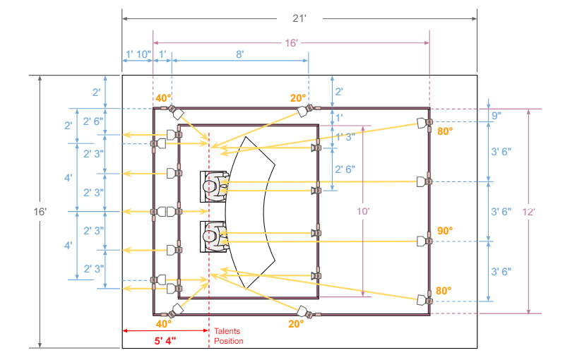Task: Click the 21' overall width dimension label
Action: click(x=299, y=18)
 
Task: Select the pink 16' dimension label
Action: click(x=291, y=43)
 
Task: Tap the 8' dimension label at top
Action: click(x=240, y=54)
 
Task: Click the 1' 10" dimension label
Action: click(x=138, y=54)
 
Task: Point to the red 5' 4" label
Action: click(x=165, y=340)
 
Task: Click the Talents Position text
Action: click(x=228, y=336)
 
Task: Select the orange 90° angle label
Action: click(x=445, y=231)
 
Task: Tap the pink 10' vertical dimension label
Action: click(x=363, y=211)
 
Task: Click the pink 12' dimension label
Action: click(x=528, y=212)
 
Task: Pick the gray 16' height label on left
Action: click(x=40, y=212)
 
